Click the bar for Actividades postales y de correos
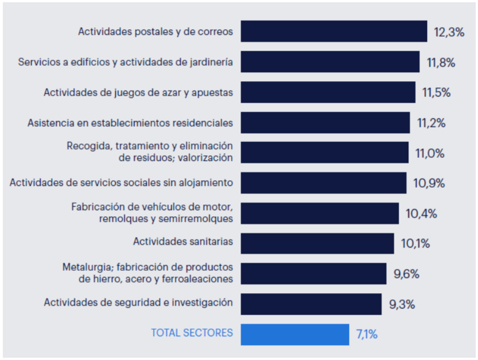[x=334, y=31]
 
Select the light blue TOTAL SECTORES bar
[x=295, y=334]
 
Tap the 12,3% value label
[x=449, y=33]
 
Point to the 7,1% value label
[x=367, y=334]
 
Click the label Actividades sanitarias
[x=183, y=241]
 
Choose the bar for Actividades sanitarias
[x=317, y=243]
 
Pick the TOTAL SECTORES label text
[x=192, y=332]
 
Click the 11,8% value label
[x=441, y=63]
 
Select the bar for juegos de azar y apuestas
[x=328, y=92]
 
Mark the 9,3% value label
[x=402, y=305]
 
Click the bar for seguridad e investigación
[x=311, y=304]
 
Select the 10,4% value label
[x=422, y=214]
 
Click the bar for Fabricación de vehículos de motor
[x=320, y=213]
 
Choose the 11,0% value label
[x=430, y=153]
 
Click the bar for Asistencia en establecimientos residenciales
[x=325, y=122]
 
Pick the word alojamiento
[x=206, y=182]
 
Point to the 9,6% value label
[x=407, y=274]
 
